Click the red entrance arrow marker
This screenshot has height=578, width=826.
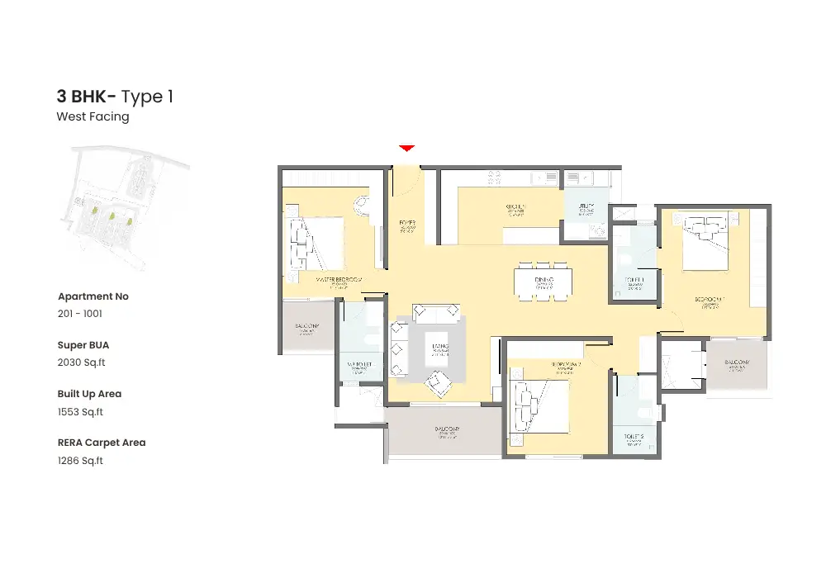click(x=406, y=148)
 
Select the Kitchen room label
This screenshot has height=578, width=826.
click(x=516, y=209)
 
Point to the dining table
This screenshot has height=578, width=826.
click(x=544, y=282)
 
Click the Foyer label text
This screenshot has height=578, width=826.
click(x=406, y=225)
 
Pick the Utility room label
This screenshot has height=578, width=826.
click(x=586, y=210)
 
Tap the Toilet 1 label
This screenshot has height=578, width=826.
click(x=635, y=282)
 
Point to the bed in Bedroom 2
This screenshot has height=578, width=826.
click(x=540, y=405)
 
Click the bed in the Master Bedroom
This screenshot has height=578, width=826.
click(x=315, y=246)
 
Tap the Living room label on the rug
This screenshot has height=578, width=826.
click(x=439, y=349)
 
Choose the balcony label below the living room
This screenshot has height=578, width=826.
click(x=447, y=432)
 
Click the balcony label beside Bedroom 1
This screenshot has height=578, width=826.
click(x=737, y=365)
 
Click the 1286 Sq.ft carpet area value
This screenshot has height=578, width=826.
click(x=80, y=461)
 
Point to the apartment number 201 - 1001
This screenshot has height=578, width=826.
click(x=80, y=314)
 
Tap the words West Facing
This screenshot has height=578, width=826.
click(x=93, y=117)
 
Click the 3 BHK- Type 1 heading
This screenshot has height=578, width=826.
click(x=115, y=97)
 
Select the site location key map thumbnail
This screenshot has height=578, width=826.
click(x=124, y=206)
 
